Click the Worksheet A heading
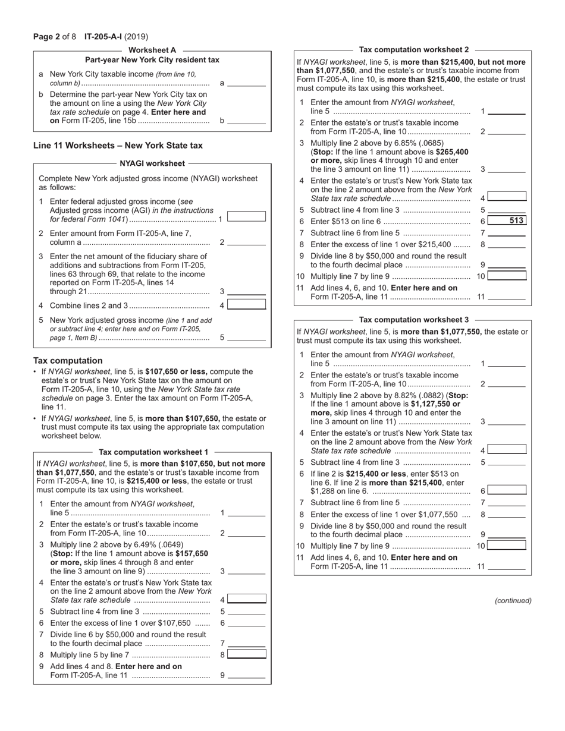click(152, 50)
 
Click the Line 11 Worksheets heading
click(118, 145)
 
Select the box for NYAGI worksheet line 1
click(246, 217)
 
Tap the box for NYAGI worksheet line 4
click(246, 304)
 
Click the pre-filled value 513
click(516, 221)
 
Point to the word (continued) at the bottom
click(513, 601)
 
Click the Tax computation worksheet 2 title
click(414, 50)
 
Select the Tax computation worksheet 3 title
click(414, 320)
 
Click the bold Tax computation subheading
click(68, 361)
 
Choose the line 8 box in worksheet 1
click(246, 654)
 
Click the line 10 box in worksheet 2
click(507, 276)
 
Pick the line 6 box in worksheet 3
click(507, 490)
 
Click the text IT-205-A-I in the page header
click(103, 37)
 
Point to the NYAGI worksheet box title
click(152, 163)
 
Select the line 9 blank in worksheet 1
click(246, 675)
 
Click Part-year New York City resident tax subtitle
click(152, 60)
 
